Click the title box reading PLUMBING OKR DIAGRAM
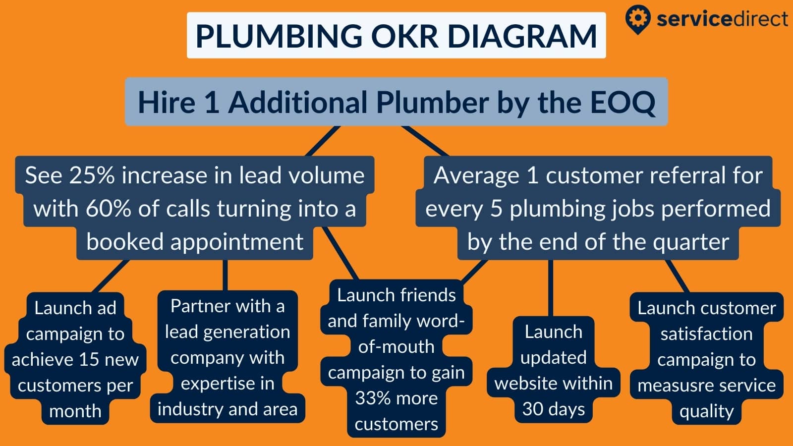pos(396,36)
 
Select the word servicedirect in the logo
pos(722,19)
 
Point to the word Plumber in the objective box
pos(432,103)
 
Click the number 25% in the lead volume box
pos(92,175)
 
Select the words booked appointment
pos(195,242)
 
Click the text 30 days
pos(553,409)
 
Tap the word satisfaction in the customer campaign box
pos(706,334)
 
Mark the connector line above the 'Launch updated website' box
pos(551,287)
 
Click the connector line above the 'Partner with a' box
pos(226,275)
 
